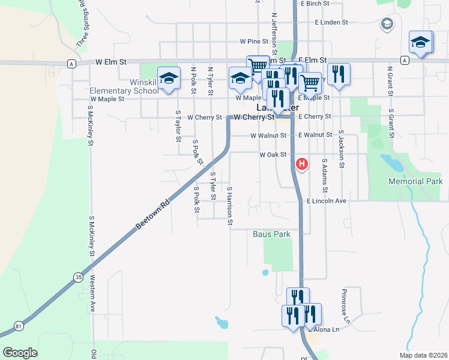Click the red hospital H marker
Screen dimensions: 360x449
coord(303,163)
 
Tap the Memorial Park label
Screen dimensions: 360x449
coord(415,181)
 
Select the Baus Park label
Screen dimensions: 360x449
coord(271,234)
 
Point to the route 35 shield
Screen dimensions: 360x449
coord(79,277)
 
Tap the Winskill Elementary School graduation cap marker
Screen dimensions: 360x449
coord(169,79)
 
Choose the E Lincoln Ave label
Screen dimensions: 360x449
coord(327,201)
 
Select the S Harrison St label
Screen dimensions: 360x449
coord(230,206)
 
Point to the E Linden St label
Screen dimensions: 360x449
coord(331,23)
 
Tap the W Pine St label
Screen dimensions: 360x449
coord(253,42)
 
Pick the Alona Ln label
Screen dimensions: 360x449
coord(324,329)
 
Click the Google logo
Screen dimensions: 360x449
coord(20,353)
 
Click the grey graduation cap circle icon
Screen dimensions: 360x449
coord(387,24)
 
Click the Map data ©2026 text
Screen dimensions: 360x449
coord(422,355)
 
